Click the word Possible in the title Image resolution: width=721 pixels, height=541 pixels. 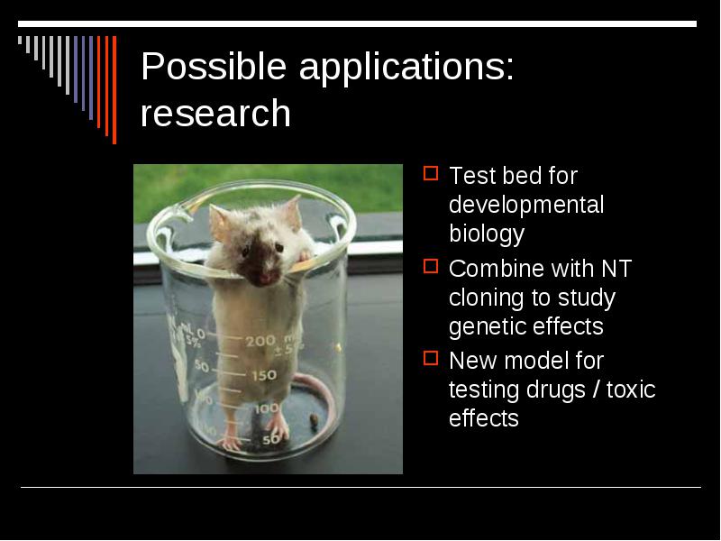214,67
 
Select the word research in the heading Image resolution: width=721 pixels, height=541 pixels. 215,114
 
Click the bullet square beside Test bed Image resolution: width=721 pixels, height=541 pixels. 431,173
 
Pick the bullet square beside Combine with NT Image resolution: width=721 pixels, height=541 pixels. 431,266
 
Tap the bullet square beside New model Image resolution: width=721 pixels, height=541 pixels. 431,358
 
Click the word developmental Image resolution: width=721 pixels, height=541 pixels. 526,206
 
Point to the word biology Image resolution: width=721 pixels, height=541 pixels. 487,234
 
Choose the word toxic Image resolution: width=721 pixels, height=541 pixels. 631,390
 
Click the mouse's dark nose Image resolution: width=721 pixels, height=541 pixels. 265,278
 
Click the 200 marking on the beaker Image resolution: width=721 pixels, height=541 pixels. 260,342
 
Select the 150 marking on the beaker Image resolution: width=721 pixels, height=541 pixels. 264,375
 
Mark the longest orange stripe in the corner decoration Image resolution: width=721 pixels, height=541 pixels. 114,89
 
